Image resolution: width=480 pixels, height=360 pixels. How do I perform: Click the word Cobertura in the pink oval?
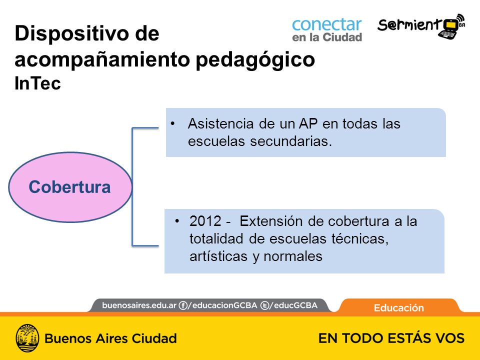point(69,186)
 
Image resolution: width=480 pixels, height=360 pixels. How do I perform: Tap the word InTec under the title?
point(37,83)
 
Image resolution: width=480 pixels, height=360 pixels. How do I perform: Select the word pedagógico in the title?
point(255,59)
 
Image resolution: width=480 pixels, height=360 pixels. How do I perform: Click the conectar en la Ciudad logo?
point(327,29)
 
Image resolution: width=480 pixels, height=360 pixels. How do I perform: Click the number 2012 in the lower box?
point(205,221)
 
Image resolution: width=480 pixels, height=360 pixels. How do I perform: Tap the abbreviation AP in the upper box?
point(308,123)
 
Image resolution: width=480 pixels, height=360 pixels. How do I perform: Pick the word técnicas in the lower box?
point(360,239)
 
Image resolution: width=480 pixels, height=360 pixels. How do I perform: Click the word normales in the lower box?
point(292,256)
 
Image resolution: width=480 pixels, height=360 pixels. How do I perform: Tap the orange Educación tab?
point(399,307)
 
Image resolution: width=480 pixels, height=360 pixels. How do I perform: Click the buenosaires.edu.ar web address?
point(139,305)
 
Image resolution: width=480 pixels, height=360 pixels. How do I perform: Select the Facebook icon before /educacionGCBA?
point(183,305)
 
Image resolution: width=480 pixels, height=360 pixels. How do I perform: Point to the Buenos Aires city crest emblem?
point(27,338)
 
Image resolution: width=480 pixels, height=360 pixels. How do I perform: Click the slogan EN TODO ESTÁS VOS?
point(391,338)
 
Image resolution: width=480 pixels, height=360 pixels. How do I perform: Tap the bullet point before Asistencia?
point(173,123)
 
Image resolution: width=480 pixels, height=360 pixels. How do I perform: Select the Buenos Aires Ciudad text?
point(111,338)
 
